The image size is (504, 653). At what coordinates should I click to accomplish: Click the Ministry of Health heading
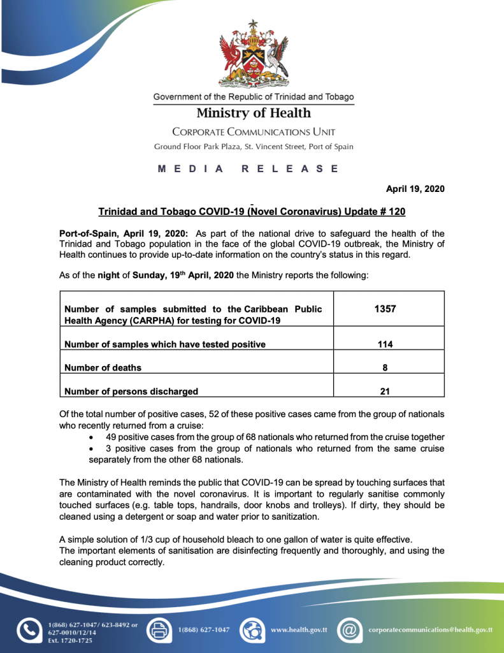(x=254, y=114)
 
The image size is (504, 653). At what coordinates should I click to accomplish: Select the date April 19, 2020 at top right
(x=415, y=189)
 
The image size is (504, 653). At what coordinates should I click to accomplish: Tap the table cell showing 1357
(x=385, y=309)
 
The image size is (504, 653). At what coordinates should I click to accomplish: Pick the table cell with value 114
(x=385, y=344)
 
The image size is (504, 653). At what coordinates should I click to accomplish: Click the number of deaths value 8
(x=385, y=368)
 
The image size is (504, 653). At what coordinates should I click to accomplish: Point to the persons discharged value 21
(x=385, y=392)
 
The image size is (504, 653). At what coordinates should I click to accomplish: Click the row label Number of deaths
(x=103, y=368)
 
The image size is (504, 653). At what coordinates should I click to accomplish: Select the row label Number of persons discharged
(x=131, y=392)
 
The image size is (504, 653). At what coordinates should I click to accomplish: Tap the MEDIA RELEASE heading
(x=248, y=169)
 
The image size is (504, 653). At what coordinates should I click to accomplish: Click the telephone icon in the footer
(x=28, y=630)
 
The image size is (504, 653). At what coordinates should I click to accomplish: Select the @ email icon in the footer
(x=349, y=630)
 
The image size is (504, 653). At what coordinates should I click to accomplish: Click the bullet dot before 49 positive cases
(x=94, y=437)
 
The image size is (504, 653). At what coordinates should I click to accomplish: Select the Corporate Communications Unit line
(x=254, y=132)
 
